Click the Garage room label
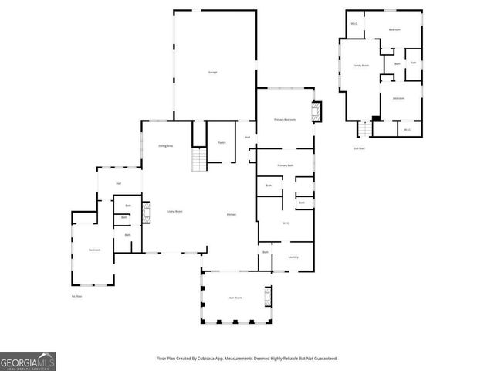pyautogui.click(x=212, y=73)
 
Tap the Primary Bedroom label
pyautogui.click(x=285, y=120)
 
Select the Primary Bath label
pyautogui.click(x=286, y=165)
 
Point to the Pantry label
pyautogui.click(x=221, y=142)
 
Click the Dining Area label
pyautogui.click(x=165, y=146)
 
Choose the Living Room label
pyautogui.click(x=174, y=212)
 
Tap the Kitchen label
pyautogui.click(x=231, y=214)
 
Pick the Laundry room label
pyautogui.click(x=293, y=257)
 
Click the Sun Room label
pyautogui.click(x=235, y=298)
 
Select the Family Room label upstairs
pyautogui.click(x=360, y=66)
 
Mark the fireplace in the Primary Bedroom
pyautogui.click(x=314, y=113)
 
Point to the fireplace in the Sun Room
pyautogui.click(x=268, y=297)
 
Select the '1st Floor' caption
pyautogui.click(x=76, y=296)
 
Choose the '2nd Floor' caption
pyautogui.click(x=358, y=148)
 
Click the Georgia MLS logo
pyautogui.click(x=28, y=362)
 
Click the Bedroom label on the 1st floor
pyautogui.click(x=94, y=250)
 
